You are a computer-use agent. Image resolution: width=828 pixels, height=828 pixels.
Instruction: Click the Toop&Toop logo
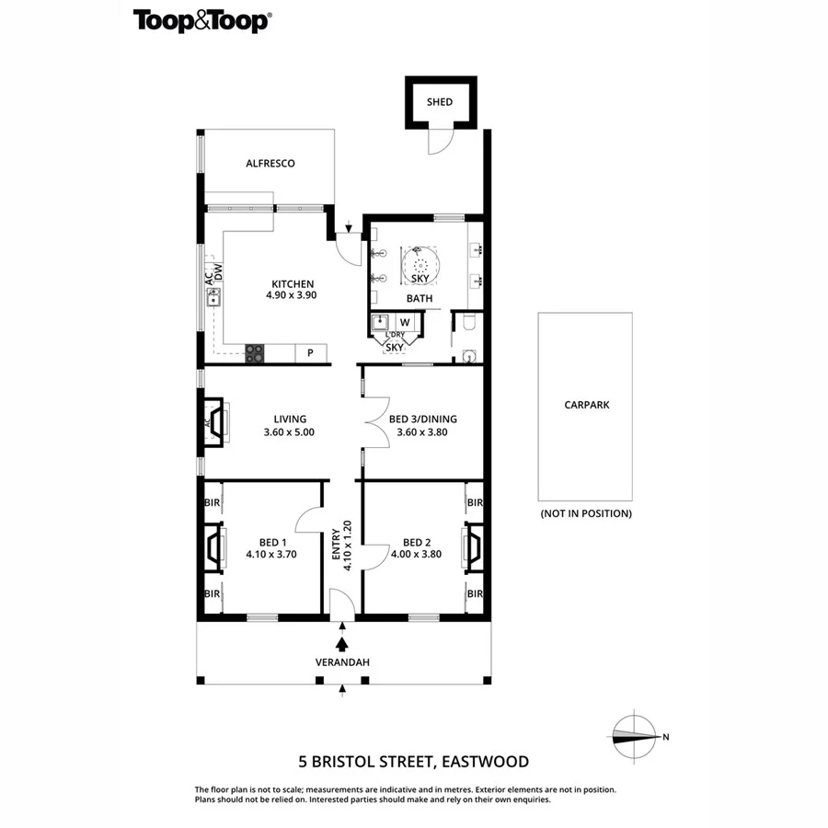coord(201,21)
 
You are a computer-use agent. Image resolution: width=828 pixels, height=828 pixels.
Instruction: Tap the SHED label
coord(441,101)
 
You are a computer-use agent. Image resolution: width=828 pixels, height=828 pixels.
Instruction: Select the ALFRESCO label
coord(270,163)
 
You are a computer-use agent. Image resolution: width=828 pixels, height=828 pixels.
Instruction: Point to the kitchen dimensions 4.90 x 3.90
coord(292,296)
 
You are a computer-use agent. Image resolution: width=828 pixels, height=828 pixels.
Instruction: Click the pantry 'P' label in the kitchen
coord(310,351)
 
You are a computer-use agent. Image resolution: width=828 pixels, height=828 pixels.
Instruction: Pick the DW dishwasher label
coord(219,270)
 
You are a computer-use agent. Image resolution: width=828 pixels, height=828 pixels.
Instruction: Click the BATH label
coord(420,299)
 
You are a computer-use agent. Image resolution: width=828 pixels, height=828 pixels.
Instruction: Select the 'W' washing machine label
coord(404,322)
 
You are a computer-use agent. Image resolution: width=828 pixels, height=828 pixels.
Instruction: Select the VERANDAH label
coord(342,661)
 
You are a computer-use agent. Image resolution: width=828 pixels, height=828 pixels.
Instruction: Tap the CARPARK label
coord(585,404)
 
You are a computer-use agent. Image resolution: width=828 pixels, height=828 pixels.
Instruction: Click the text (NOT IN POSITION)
coord(585,513)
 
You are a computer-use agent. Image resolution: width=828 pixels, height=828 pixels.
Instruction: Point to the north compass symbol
coord(635,735)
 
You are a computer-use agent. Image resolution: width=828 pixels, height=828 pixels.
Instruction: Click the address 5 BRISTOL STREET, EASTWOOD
coord(413,761)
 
